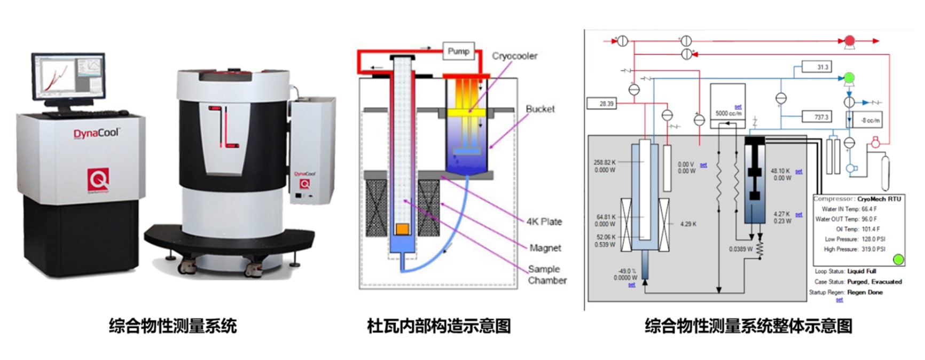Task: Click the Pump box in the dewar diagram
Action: [x=458, y=52]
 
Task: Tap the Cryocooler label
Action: [x=514, y=56]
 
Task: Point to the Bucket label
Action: [x=540, y=109]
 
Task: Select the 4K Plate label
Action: [x=544, y=222]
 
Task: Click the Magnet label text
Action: [x=545, y=248]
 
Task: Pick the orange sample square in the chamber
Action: [x=402, y=230]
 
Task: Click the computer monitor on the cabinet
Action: [x=68, y=77]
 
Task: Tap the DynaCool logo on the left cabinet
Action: [x=97, y=132]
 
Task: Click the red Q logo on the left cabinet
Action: [x=98, y=179]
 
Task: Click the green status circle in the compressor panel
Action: [x=898, y=260]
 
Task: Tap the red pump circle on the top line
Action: [x=848, y=41]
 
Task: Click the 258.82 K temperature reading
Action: [x=605, y=162]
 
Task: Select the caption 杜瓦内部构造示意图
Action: [x=438, y=326]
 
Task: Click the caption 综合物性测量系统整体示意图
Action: [x=748, y=326]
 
